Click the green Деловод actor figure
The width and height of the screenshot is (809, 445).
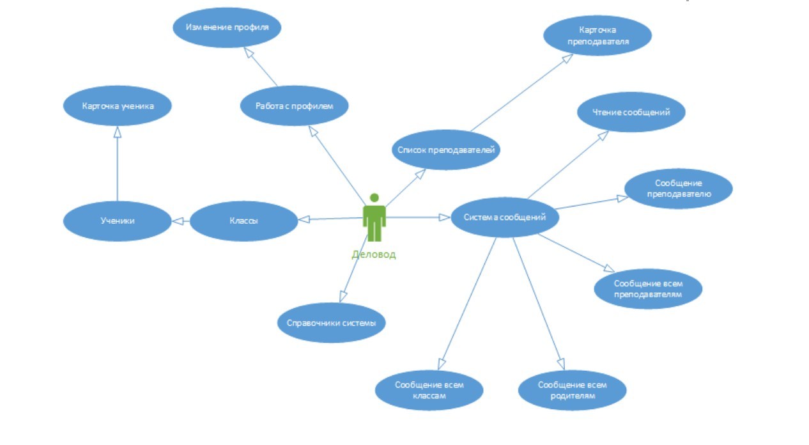[374, 218]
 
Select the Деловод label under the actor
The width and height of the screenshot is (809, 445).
[374, 254]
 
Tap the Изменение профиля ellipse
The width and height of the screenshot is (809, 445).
[227, 27]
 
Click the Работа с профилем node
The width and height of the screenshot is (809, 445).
[294, 106]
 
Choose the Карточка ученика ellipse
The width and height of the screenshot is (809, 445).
[118, 106]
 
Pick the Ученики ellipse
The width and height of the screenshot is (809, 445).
[118, 221]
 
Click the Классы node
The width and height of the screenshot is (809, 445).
[244, 221]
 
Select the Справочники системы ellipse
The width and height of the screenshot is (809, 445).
[331, 323]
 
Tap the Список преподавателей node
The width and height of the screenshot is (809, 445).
[445, 150]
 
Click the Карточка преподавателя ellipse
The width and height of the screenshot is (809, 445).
[597, 36]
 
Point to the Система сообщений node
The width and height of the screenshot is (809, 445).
[505, 217]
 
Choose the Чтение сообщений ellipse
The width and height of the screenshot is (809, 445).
[631, 113]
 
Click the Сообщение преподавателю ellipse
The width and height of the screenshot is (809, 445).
[678, 188]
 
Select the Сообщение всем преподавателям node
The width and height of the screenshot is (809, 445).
[648, 289]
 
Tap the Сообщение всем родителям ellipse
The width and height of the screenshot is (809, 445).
[572, 390]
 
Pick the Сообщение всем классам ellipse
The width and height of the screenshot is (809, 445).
[429, 390]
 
